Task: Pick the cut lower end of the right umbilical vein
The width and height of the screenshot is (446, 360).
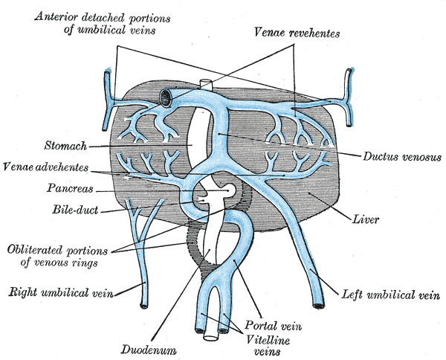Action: point(144,302)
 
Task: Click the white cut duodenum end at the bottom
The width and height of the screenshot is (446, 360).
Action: point(211,335)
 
